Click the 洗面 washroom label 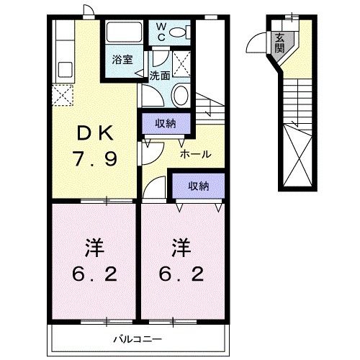click(159, 74)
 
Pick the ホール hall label click(194, 154)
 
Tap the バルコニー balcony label click(137, 338)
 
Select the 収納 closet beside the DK click(166, 124)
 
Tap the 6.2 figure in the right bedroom click(181, 274)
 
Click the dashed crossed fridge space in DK click(61, 95)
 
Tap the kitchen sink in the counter click(63, 71)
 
